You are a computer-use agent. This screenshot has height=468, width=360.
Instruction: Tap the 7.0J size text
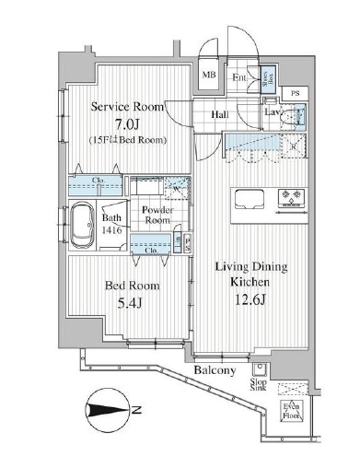(128, 123)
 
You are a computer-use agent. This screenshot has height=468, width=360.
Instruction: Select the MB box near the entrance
(210, 76)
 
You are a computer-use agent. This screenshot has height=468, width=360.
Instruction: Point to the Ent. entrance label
(238, 77)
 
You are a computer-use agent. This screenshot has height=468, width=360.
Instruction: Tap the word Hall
(221, 115)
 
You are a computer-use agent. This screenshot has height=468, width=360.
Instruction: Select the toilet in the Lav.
(294, 117)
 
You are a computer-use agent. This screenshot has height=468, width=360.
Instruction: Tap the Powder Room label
(157, 215)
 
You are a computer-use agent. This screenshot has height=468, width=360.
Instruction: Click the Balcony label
(216, 370)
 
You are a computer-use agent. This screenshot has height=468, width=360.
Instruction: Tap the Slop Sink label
(259, 385)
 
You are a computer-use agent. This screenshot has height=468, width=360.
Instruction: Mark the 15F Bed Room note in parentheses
(128, 139)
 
